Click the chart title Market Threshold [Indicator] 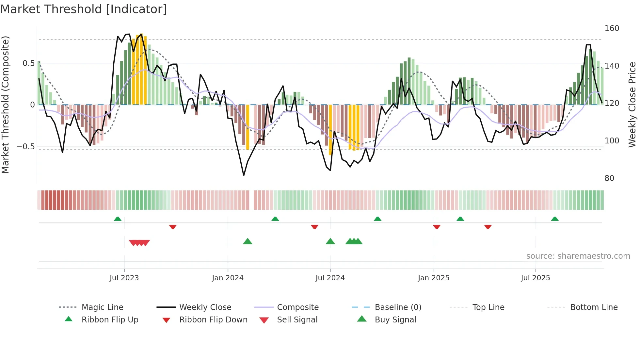84,9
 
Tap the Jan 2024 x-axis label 228,278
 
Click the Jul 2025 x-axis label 535,278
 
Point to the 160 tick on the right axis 612,28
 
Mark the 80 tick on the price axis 609,178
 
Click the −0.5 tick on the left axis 26,146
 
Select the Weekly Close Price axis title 632,105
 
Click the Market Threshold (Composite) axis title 5,105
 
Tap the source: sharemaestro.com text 578,256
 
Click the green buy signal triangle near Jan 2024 248,241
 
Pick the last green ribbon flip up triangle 554,219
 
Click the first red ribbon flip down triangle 173,227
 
